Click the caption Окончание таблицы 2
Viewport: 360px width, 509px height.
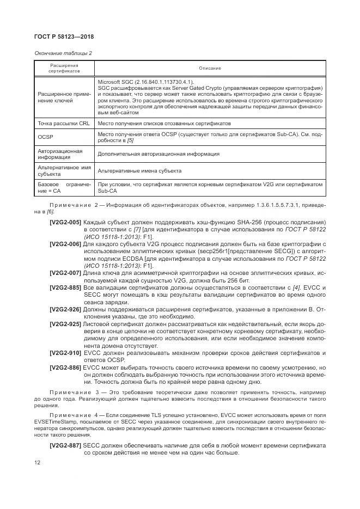[x=63, y=52]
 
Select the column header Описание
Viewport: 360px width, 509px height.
[x=210, y=68]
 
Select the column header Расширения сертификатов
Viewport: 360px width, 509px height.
[x=64, y=68]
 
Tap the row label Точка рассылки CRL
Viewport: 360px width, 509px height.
[x=64, y=124]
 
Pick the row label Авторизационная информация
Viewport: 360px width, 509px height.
[x=60, y=154]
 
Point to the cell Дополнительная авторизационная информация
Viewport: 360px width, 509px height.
[x=158, y=154]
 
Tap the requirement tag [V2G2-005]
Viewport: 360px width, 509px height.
[x=65, y=223]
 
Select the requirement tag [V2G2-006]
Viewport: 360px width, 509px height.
[x=65, y=244]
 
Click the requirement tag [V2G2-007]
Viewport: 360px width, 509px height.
[x=65, y=272]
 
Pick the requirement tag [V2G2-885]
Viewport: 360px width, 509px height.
[x=65, y=287]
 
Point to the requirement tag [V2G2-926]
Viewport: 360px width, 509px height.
[x=65, y=309]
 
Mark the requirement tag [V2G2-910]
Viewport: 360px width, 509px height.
[x=65, y=353]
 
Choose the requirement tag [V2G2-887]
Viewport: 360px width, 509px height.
[x=65, y=445]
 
